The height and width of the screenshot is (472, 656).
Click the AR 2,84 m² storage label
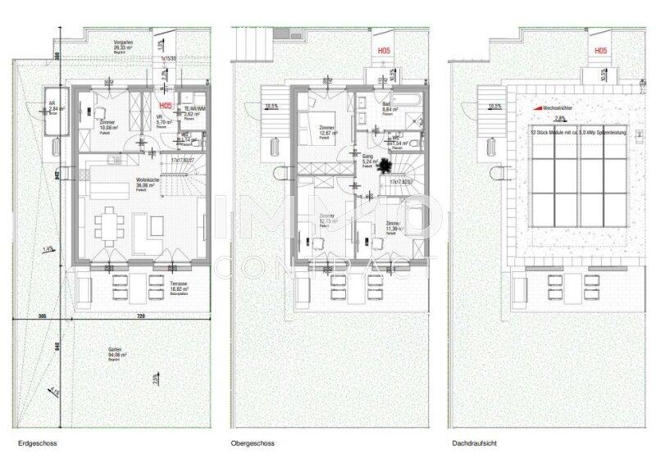[56, 108]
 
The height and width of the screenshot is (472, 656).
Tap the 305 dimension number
[43, 315]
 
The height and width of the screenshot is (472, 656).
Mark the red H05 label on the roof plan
[601, 51]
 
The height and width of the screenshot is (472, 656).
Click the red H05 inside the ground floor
[165, 106]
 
